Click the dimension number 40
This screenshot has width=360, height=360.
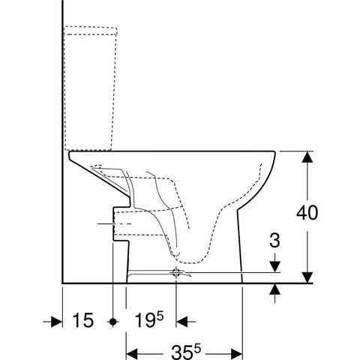point(307,213)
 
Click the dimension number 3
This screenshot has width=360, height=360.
point(274,241)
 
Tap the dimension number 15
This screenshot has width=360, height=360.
point(83,320)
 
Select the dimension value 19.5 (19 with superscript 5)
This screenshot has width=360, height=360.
point(149,319)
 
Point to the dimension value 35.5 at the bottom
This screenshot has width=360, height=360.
point(186,352)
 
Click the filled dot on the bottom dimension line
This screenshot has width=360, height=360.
point(113,322)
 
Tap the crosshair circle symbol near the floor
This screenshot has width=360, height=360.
point(176,272)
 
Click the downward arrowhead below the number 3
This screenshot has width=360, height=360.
point(275,266)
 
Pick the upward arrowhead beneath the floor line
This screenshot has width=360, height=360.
point(275,289)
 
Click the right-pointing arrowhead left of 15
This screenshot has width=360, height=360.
point(56,322)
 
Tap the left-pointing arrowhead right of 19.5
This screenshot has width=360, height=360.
point(182,322)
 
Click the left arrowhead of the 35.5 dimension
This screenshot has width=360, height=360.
point(132,354)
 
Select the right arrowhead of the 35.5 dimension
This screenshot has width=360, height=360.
point(236,354)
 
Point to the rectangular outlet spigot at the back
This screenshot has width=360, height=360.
point(121,223)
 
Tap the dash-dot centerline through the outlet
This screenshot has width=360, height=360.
point(115,223)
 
